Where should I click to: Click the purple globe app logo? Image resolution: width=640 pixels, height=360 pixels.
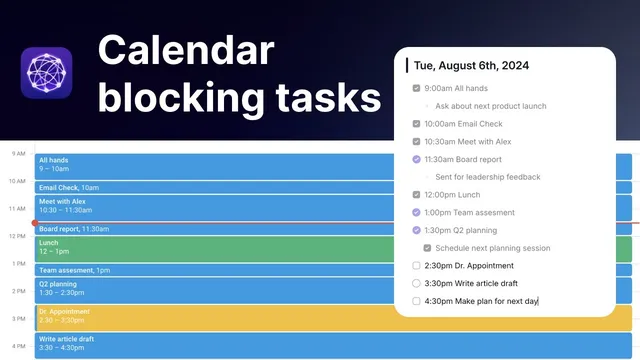(x=46, y=73)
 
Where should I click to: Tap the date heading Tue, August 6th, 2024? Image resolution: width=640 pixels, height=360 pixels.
(x=471, y=66)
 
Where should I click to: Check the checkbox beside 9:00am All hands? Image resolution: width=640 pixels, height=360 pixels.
(x=416, y=88)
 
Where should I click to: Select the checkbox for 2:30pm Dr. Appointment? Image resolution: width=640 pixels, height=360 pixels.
(x=416, y=266)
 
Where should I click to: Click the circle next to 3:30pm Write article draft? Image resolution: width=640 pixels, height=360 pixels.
(x=416, y=283)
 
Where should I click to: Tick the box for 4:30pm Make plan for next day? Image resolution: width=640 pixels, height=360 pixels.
(x=416, y=301)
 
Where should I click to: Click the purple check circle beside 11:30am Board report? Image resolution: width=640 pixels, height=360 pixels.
(x=416, y=159)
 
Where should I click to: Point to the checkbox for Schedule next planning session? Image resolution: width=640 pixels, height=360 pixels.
(x=428, y=248)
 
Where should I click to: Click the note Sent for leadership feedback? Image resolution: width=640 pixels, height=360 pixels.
(x=487, y=177)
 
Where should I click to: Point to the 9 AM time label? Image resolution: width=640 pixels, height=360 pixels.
(x=18, y=154)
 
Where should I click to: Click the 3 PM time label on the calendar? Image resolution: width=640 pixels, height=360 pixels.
(x=18, y=319)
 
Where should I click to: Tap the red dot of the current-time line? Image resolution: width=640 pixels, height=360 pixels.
(x=35, y=223)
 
